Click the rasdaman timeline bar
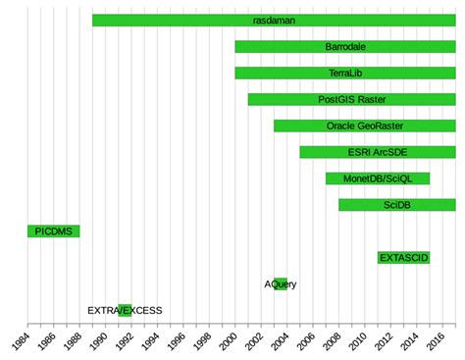[274, 21]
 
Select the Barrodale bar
[345, 47]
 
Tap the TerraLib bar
[345, 73]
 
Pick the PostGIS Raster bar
[352, 99]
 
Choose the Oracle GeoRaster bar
[365, 126]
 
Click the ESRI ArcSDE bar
[378, 152]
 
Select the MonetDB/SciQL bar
[378, 179]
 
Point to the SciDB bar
[397, 205]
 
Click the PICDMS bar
[54, 231]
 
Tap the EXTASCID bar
[404, 258]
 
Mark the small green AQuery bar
[281, 284]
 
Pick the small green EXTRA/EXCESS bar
[125, 311]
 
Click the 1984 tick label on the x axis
[21, 341]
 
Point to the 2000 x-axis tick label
[228, 341]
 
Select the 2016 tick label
[436, 341]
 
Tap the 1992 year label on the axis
[125, 341]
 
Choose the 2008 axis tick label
[332, 341]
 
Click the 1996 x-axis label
[176, 341]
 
